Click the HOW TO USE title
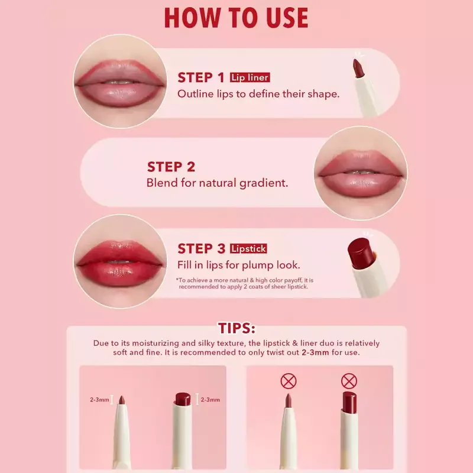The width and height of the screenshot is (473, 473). click(x=236, y=18)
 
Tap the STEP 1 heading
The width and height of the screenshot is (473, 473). click(x=201, y=77)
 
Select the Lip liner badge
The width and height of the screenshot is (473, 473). click(x=250, y=77)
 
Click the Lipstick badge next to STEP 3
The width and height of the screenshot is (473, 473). click(x=248, y=248)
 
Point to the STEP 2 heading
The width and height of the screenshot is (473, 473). click(x=171, y=167)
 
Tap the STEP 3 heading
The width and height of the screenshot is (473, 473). click(x=202, y=248)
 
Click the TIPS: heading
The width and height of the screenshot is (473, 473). click(x=237, y=328)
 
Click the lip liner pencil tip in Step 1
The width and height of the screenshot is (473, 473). click(x=358, y=68)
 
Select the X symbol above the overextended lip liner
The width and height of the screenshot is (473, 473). click(x=289, y=381)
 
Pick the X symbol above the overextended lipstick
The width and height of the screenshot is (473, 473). click(x=349, y=381)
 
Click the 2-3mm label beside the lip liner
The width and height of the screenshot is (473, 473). click(x=99, y=400)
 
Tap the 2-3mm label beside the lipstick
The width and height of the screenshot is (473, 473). click(x=210, y=400)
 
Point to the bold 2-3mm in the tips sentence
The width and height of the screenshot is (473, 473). click(x=315, y=352)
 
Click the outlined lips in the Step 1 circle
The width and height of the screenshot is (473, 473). click(x=120, y=83)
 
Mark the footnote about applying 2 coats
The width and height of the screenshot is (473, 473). click(x=245, y=284)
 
